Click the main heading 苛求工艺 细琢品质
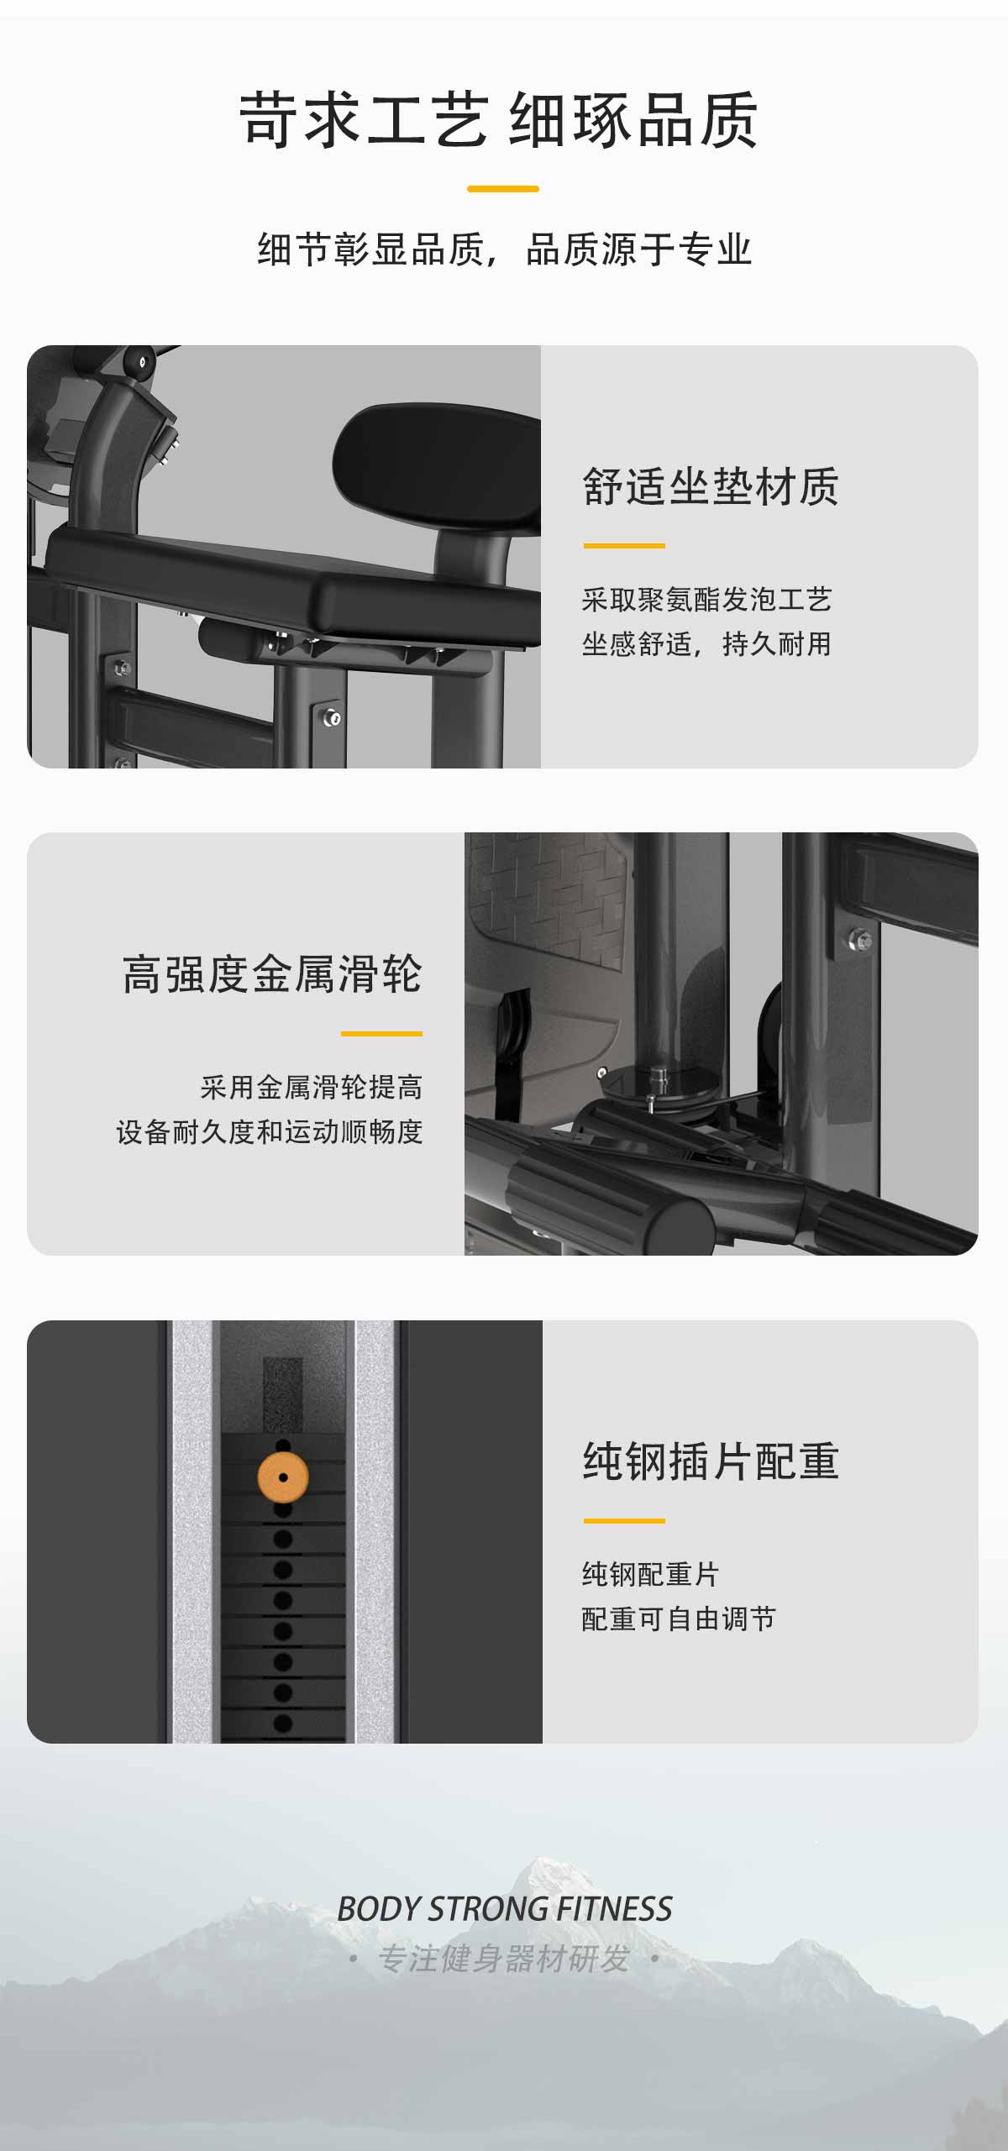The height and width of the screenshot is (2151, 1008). coord(499,121)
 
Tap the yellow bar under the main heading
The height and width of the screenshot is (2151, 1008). coord(503,189)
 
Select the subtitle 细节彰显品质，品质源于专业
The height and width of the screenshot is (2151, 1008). coord(504,249)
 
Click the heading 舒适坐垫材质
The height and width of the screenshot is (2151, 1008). coord(711,487)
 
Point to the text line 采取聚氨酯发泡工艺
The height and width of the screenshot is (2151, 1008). coord(706,600)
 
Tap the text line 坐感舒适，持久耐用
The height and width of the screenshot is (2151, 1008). coord(706,644)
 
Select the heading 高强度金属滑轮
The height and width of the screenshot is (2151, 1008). coord(272,974)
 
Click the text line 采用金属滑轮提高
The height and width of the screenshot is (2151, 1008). coord(312,1087)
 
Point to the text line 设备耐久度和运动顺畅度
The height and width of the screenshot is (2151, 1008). coord(270,1131)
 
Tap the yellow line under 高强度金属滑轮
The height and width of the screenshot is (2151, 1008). coord(381,1034)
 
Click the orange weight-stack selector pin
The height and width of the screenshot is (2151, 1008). coord(283,1477)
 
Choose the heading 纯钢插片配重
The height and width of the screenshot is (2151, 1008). coord(711,1461)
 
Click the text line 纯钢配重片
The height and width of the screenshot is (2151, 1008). coord(651,1574)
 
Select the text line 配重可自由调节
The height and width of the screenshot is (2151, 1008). coord(679,1618)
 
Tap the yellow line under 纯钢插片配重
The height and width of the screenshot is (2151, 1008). coord(624,1521)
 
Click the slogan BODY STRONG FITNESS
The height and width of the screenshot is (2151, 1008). coord(504,1908)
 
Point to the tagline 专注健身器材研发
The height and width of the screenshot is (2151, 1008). coord(503,1959)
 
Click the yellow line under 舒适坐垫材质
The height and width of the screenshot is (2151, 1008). coord(624,546)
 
